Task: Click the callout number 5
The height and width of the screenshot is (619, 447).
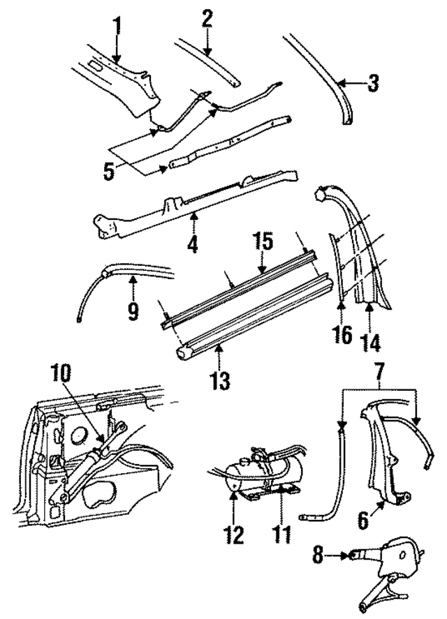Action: [x=109, y=172]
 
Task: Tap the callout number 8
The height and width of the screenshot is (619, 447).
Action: [x=318, y=555]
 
